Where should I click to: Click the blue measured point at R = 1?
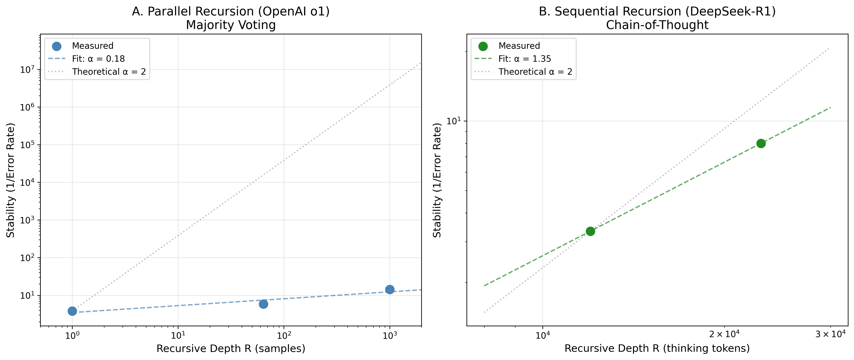pyautogui.click(x=72, y=311)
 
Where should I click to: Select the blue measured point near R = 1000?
pyautogui.click(x=390, y=289)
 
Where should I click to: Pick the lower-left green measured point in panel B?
pyautogui.click(x=590, y=231)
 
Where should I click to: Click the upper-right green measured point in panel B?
pyautogui.click(x=761, y=143)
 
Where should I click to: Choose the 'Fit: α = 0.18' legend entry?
pyautogui.click(x=98, y=59)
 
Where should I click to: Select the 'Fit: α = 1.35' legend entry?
pyautogui.click(x=525, y=59)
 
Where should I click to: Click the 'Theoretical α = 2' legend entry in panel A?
pyautogui.click(x=109, y=72)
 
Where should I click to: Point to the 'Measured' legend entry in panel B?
pyautogui.click(x=519, y=46)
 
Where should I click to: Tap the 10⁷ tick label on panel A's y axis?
pyautogui.click(x=28, y=69)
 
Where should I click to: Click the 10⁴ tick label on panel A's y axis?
pyautogui.click(x=28, y=182)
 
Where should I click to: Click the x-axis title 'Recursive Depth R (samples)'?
pyautogui.click(x=231, y=348)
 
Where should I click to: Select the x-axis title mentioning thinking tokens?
pyautogui.click(x=657, y=348)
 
